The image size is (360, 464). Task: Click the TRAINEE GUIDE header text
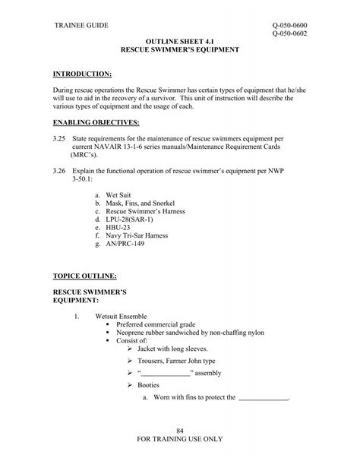(x=82, y=27)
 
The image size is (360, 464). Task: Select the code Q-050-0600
(x=289, y=27)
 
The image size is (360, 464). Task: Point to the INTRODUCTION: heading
(x=81, y=74)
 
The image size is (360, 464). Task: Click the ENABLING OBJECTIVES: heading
(x=95, y=122)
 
